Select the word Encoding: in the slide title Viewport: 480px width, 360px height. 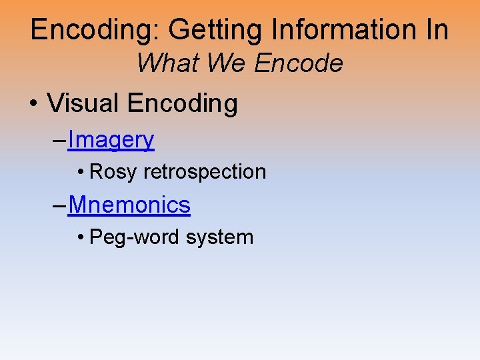click(93, 31)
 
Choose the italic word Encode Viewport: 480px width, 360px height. click(299, 64)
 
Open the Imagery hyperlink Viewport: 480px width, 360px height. click(111, 140)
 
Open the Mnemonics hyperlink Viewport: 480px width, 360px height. click(129, 205)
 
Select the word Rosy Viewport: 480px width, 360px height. click(114, 172)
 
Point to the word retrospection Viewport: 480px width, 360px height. click(205, 172)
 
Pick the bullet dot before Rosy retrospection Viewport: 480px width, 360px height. click(80, 173)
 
